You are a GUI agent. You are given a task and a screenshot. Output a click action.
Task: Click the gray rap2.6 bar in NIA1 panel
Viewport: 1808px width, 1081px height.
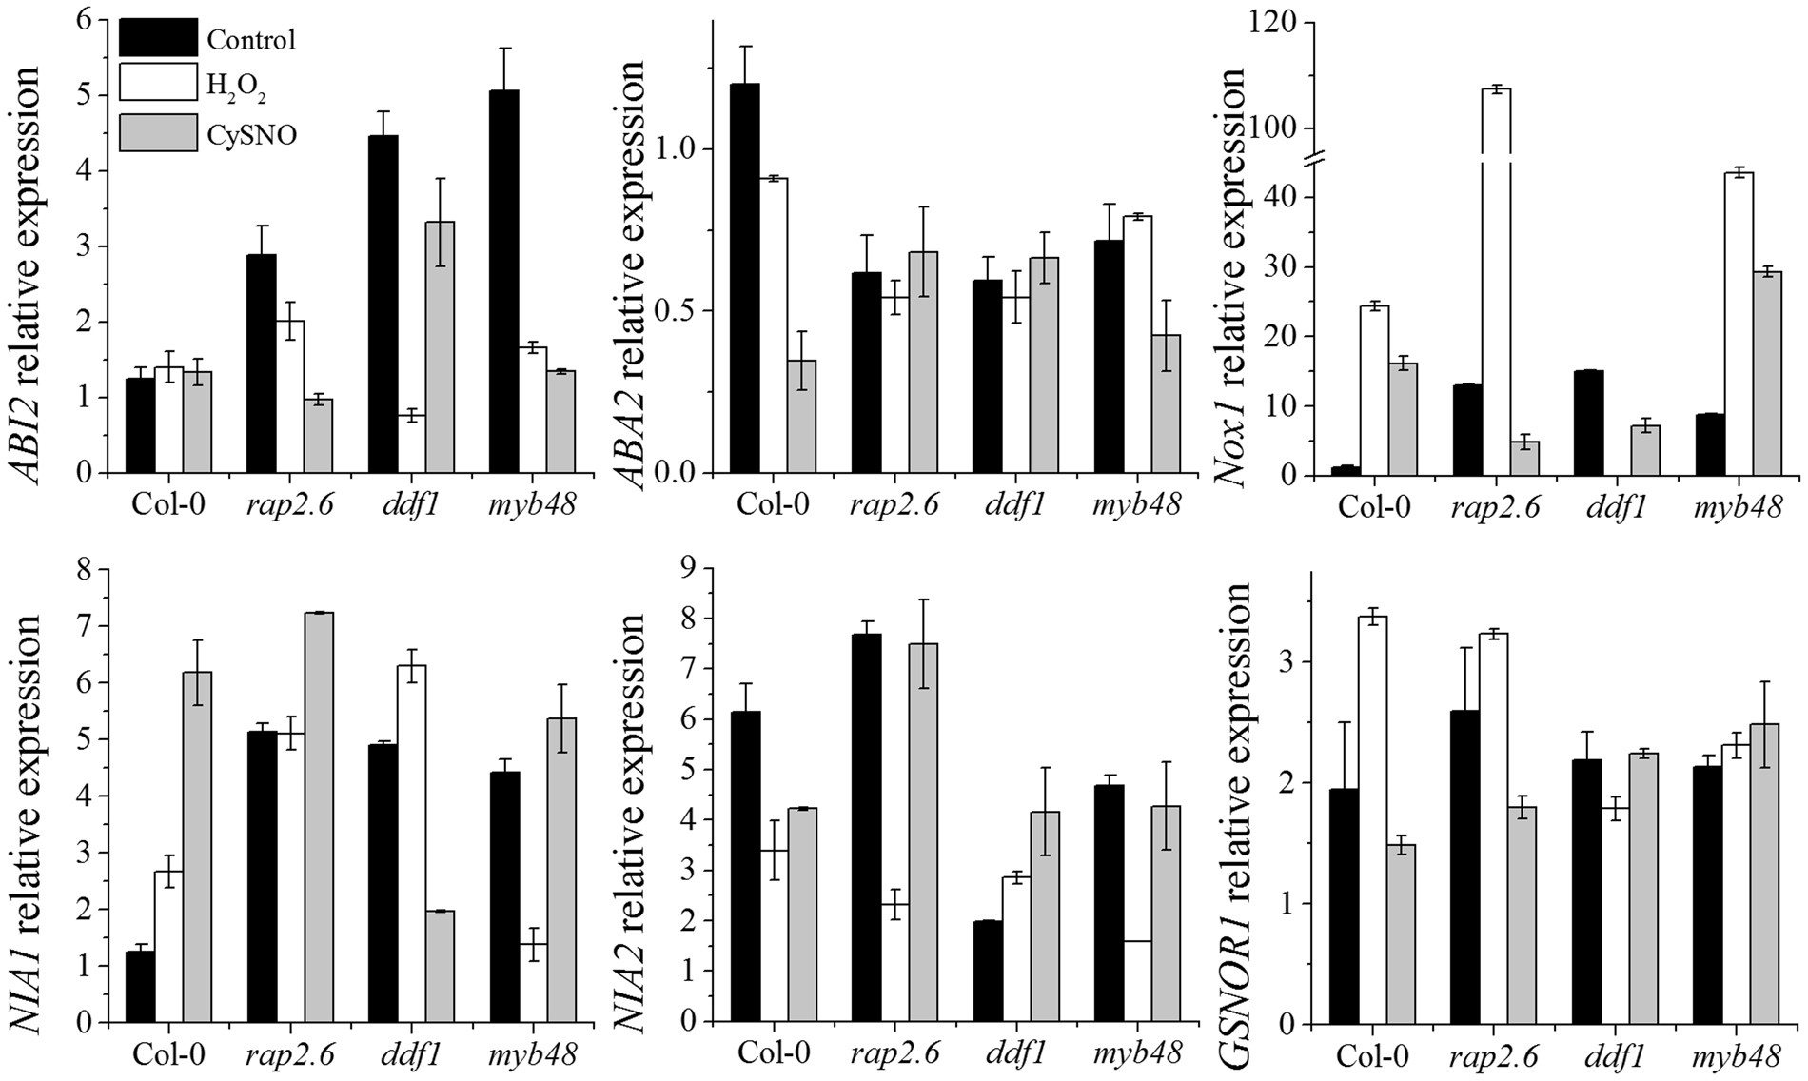[318, 817]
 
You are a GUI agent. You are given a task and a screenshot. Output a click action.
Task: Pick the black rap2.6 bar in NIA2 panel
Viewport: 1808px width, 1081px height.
[867, 828]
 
